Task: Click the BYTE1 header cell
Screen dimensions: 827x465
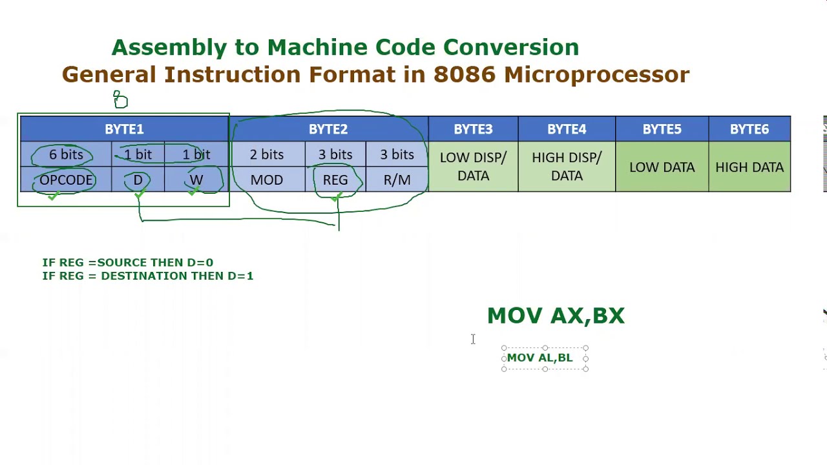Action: click(125, 129)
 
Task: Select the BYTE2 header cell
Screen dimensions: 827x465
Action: click(329, 129)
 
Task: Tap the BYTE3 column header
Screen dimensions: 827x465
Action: click(474, 129)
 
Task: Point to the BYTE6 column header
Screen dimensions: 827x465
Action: click(749, 129)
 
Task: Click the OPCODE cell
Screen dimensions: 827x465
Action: click(66, 180)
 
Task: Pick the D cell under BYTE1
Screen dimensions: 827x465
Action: click(138, 180)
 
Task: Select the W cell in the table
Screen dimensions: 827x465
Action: click(196, 180)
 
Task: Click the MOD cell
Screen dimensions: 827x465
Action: click(267, 180)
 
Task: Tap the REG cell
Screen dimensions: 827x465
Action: click(335, 180)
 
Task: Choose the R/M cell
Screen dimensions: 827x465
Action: click(397, 180)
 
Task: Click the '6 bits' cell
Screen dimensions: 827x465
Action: click(66, 154)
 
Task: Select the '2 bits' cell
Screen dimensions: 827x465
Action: click(267, 154)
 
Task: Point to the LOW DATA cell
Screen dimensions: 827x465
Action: click(662, 167)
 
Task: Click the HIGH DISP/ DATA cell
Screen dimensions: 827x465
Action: click(567, 167)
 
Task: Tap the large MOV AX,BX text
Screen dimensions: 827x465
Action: click(556, 316)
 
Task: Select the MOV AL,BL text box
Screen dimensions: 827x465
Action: click(545, 358)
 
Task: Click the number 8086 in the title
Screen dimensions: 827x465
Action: click(465, 74)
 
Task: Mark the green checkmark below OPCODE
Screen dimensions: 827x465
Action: click(54, 196)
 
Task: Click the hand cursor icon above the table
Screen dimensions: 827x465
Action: click(120, 99)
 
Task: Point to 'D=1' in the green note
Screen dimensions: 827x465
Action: click(240, 276)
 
